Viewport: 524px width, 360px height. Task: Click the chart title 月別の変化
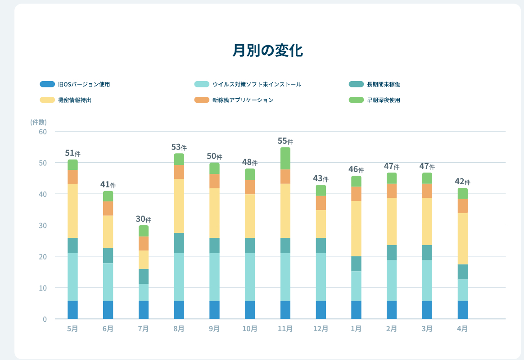point(268,50)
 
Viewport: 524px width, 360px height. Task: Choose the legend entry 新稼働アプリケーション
point(243,100)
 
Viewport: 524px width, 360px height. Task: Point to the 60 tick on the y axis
point(43,132)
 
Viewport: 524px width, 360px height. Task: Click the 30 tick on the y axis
point(43,225)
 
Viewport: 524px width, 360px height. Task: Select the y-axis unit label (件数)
point(39,122)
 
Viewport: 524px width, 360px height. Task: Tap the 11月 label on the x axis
point(285,329)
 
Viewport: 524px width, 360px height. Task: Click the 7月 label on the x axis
point(143,329)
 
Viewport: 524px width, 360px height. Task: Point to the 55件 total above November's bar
point(285,141)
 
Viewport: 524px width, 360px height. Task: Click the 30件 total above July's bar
point(143,219)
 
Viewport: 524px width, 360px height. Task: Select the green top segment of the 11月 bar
point(285,158)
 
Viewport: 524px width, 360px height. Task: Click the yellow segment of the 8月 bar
point(179,206)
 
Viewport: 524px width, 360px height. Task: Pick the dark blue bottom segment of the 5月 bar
point(72,310)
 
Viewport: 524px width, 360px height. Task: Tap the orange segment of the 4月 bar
point(462,206)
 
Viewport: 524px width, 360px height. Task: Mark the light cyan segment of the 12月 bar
point(321,277)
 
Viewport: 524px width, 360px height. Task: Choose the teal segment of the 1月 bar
point(356,264)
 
